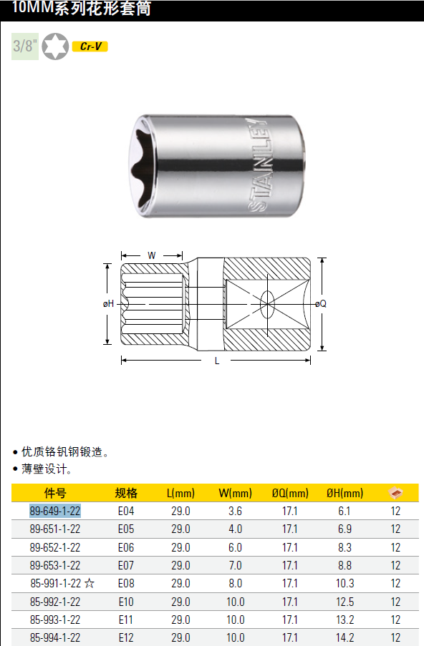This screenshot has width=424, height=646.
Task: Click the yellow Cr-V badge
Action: coord(90,47)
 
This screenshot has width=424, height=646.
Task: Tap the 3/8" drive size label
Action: coord(25,46)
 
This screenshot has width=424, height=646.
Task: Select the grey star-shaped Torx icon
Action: coord(55,46)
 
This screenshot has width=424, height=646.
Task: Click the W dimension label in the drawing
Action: coord(151,256)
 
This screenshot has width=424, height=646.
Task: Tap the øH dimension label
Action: coord(108,303)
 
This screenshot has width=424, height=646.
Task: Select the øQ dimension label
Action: coord(320,303)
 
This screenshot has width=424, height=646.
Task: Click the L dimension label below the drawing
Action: coord(217,361)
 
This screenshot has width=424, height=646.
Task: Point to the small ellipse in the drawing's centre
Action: coord(267,305)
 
